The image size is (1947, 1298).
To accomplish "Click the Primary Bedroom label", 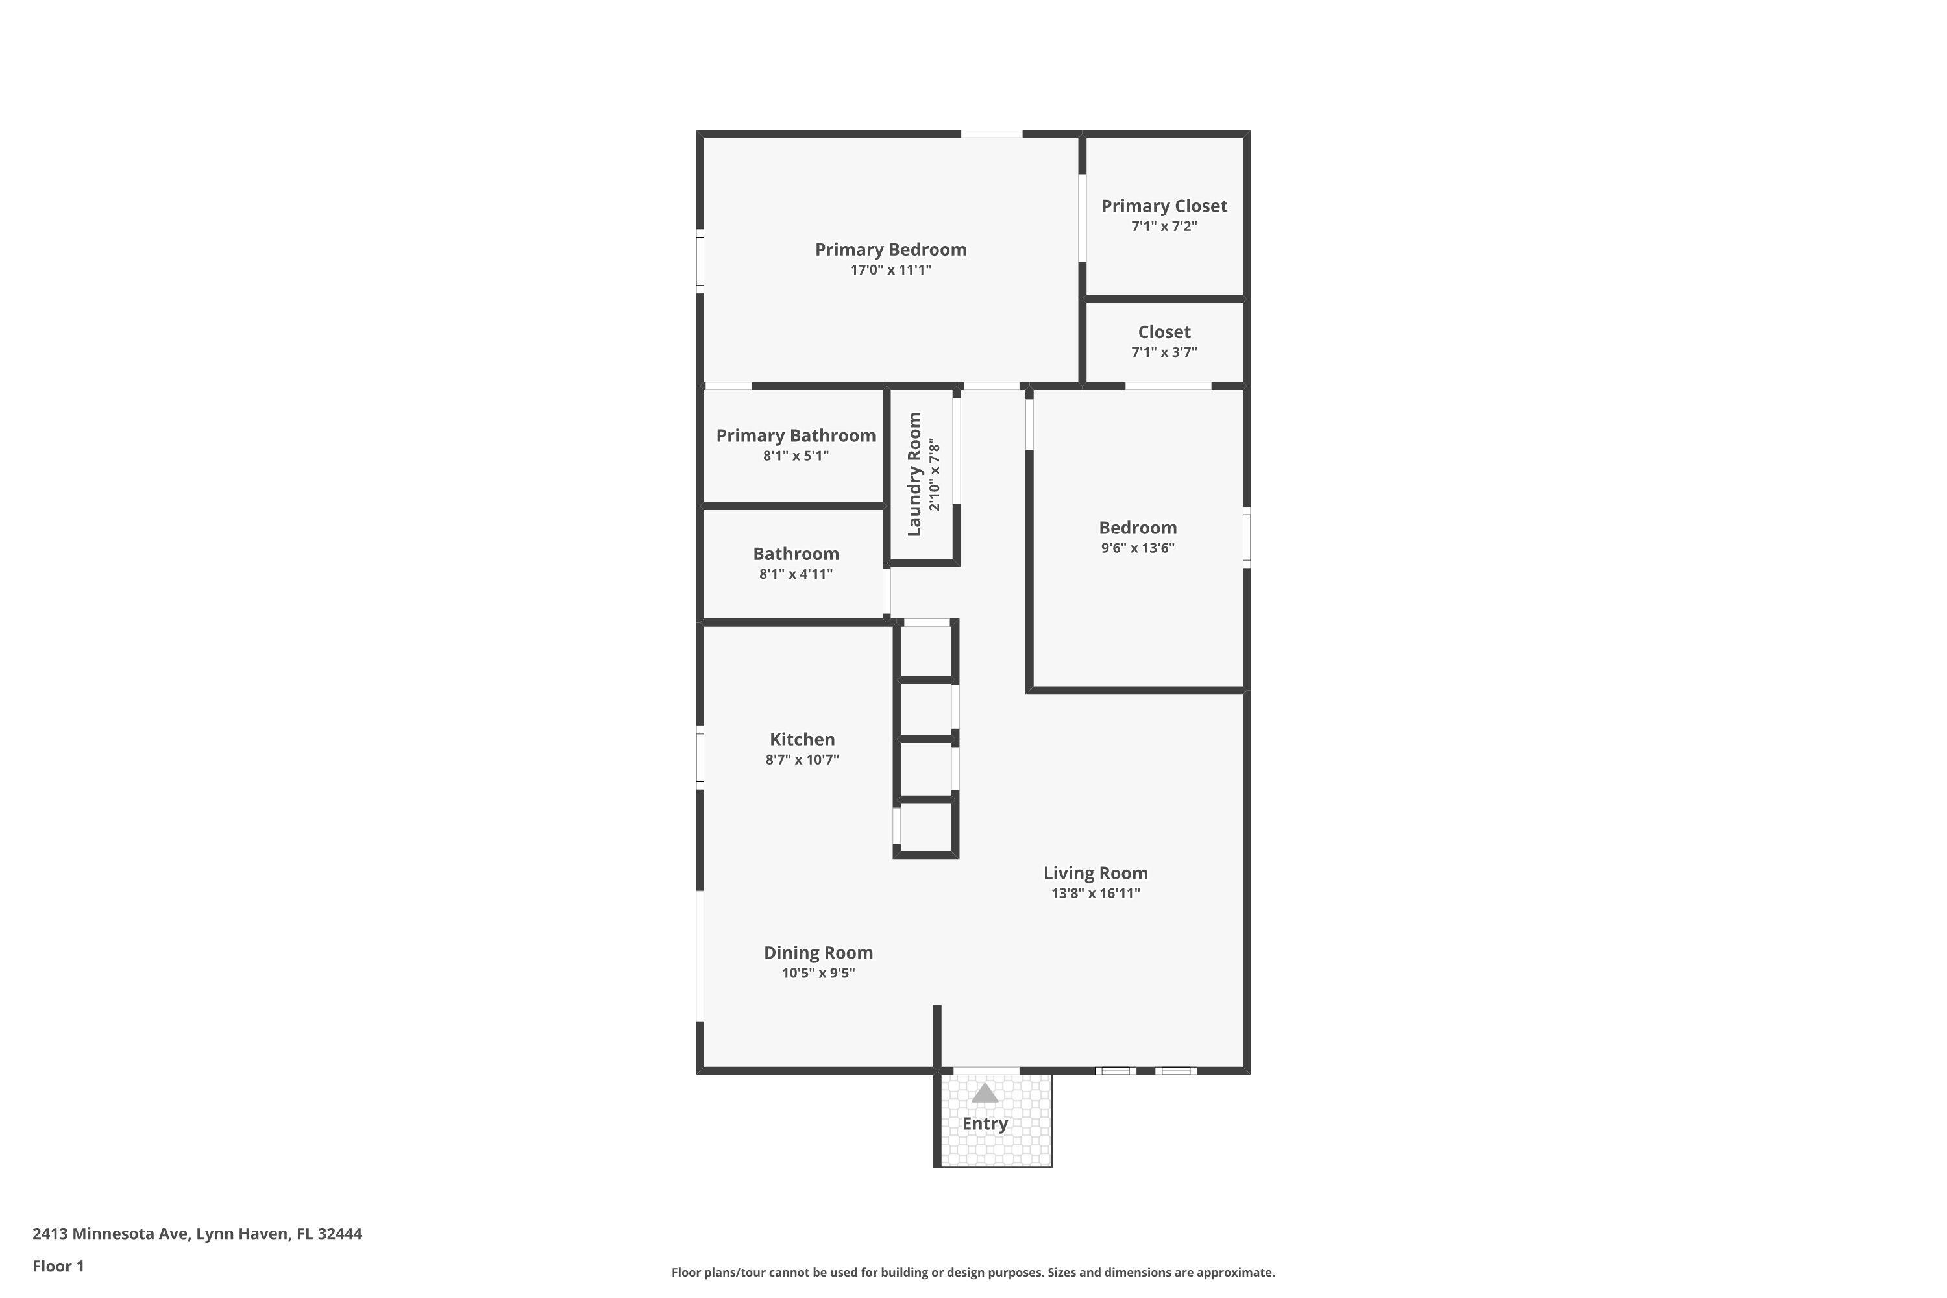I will coord(890,249).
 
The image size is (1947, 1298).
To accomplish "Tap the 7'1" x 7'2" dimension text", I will coord(1164,227).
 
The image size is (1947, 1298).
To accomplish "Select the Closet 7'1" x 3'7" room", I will coord(1164,341).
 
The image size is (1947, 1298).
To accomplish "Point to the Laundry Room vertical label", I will coord(914,474).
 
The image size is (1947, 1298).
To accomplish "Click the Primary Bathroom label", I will coord(796,435).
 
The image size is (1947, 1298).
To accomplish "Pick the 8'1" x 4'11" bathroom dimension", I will coord(796,574).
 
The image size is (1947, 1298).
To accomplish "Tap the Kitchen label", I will coord(802,739).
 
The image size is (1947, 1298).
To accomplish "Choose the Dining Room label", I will coord(818,952).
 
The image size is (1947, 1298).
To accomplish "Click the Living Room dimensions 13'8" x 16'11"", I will coord(1096,893).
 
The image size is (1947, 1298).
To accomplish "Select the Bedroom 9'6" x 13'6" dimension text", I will coord(1138,548).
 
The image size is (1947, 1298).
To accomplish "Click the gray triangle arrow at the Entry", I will coord(985,1094).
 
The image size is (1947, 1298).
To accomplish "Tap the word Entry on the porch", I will coord(985,1124).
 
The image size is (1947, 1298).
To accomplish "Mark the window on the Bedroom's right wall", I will coord(1247,537).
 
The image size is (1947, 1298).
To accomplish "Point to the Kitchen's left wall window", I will coord(700,757).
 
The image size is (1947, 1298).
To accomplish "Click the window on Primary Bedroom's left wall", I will coord(700,261).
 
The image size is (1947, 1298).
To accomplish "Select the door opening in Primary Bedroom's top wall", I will coord(991,133).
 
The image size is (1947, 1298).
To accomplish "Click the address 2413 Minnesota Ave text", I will coord(197,1234).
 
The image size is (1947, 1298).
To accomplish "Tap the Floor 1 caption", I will coord(58,1266).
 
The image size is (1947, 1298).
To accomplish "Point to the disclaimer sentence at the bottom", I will coord(973,1272).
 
